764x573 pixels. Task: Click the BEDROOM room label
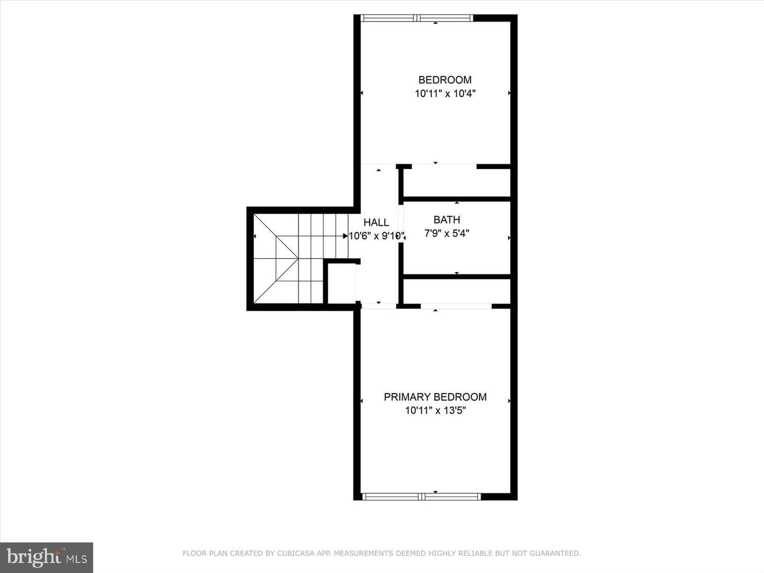coord(445,80)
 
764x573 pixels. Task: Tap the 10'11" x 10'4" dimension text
coord(445,93)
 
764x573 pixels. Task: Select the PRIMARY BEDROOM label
coord(435,397)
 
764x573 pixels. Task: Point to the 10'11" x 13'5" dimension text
coord(435,411)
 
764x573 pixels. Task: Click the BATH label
coord(447,220)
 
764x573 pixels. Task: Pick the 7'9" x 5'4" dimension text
coord(447,233)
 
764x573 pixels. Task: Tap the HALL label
coord(376,223)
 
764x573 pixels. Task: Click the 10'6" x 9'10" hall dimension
coord(377,236)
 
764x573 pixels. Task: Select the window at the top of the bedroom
coord(416,18)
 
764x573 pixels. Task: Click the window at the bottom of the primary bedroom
coord(421,497)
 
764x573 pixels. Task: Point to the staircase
coord(301,258)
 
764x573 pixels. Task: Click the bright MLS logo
coord(46,557)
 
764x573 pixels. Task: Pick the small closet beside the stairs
coord(342,283)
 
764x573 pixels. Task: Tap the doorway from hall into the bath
coord(401,224)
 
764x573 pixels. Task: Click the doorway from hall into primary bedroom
coord(379,306)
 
